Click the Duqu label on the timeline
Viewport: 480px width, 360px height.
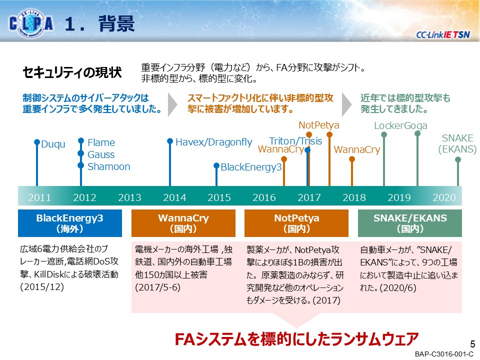(53, 144)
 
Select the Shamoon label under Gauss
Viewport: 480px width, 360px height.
(108, 166)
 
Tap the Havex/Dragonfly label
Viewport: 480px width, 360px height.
(213, 142)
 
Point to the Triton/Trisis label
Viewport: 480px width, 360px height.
(295, 141)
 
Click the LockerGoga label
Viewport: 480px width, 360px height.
(400, 125)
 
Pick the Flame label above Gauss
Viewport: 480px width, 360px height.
(101, 142)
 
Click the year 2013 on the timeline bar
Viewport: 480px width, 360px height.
(129, 197)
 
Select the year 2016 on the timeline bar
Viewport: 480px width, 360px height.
(264, 197)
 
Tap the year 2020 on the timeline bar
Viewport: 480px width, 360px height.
(444, 197)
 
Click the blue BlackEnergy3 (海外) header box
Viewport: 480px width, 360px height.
(70, 223)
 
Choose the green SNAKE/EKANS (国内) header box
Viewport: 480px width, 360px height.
(410, 223)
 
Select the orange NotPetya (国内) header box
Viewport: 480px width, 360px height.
(296, 223)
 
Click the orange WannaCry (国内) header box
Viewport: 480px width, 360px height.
(183, 223)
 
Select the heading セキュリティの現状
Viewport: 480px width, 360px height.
(72, 72)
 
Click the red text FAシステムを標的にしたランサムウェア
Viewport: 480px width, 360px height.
(296, 339)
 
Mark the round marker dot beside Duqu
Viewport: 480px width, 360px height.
(36, 142)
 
